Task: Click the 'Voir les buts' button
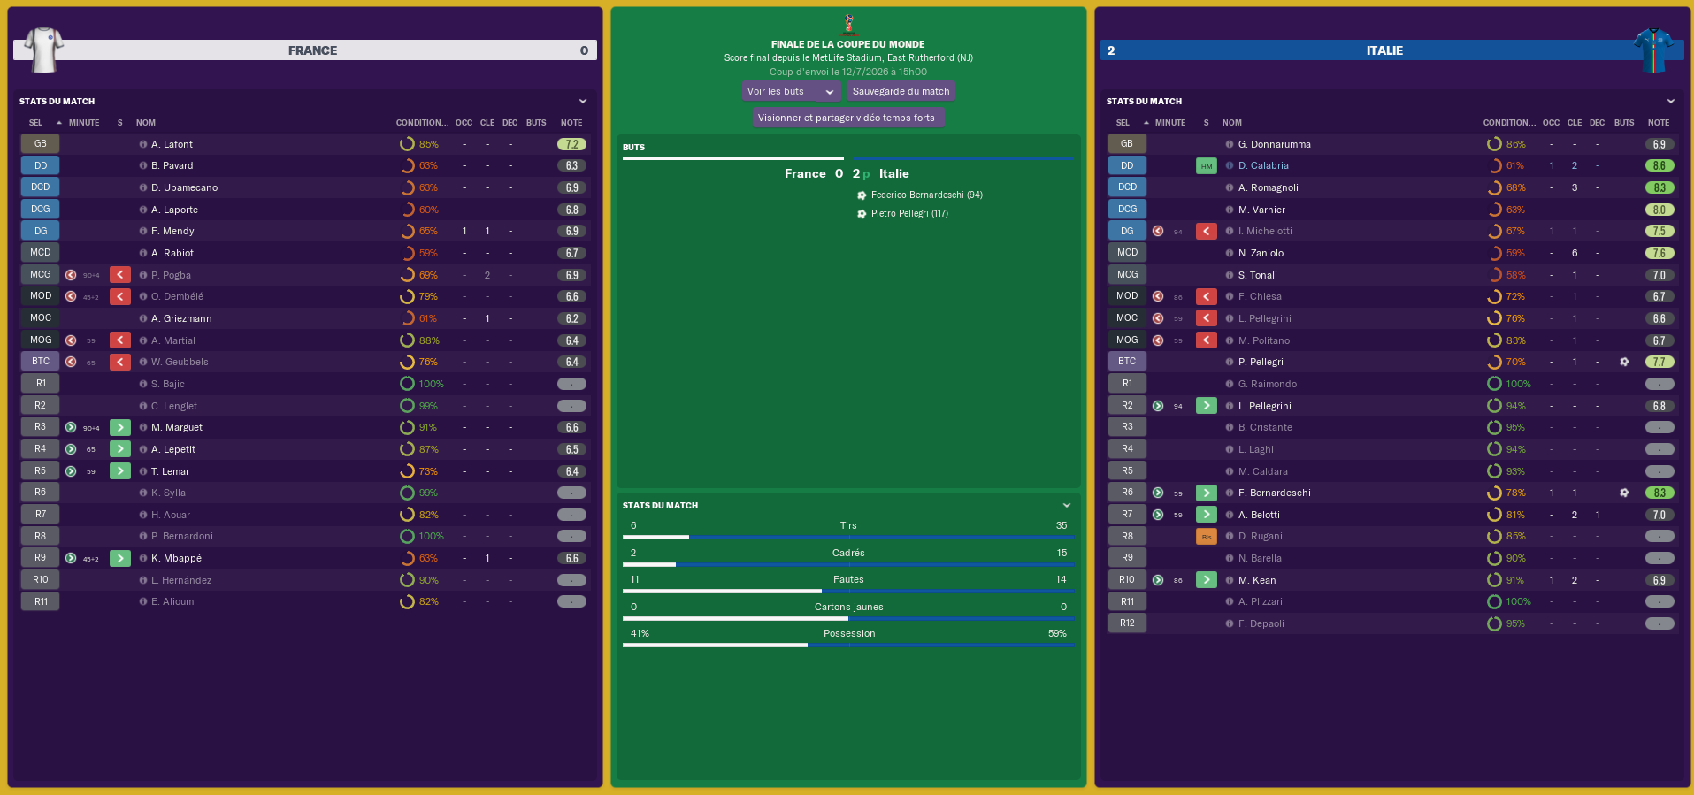coord(777,91)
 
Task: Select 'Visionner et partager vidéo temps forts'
coord(847,118)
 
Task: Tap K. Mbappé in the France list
coord(176,558)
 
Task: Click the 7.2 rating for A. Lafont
coord(571,144)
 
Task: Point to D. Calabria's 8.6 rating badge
coord(1659,165)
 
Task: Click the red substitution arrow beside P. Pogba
coord(120,275)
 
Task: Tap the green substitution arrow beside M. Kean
coord(1206,580)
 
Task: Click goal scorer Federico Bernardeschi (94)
coord(926,195)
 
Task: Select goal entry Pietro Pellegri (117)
coord(909,213)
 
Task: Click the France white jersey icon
coord(43,50)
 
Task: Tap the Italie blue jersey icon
coord(1652,50)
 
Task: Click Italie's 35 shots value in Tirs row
coord(1061,525)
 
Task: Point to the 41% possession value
coord(640,633)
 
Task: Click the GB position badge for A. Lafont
coord(40,143)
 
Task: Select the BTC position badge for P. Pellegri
coord(1126,362)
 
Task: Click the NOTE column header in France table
coord(571,123)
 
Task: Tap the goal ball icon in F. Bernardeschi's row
coord(1624,493)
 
